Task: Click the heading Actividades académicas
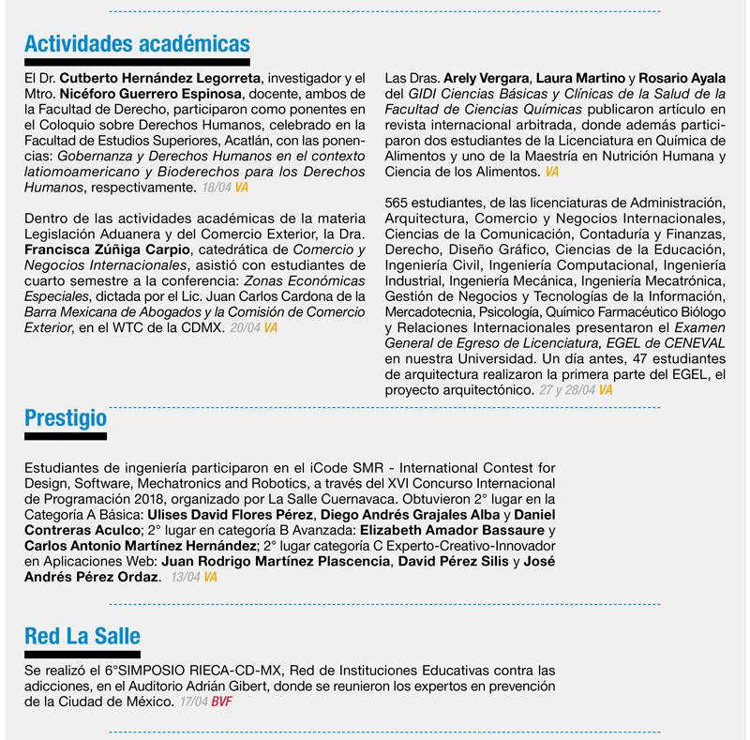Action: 137,44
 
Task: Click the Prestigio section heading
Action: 66,417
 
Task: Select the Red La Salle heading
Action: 82,637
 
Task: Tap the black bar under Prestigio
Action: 66,436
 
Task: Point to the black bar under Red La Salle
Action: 82,655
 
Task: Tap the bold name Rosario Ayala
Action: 682,78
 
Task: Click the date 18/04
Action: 215,189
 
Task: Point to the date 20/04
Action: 245,328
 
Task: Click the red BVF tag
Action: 222,702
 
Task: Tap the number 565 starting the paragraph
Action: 397,204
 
